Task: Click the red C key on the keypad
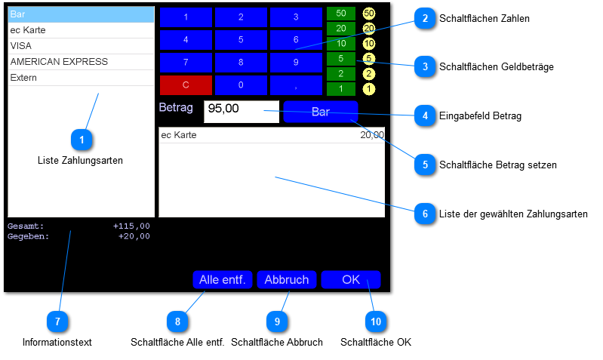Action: pos(186,85)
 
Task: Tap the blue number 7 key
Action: pos(186,62)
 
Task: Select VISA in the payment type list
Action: pos(80,46)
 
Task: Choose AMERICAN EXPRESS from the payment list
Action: pos(80,62)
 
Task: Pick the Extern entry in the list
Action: pos(80,78)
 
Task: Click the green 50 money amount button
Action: pos(341,14)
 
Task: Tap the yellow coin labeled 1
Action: pos(368,89)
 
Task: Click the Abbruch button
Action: pos(286,280)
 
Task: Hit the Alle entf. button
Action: pos(222,280)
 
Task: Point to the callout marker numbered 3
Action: pos(426,66)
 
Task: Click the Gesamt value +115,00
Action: pos(131,226)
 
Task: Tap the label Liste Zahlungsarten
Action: pos(80,160)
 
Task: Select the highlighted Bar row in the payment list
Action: pos(80,14)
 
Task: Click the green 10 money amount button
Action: pos(341,44)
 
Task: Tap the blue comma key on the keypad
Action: pos(296,85)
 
